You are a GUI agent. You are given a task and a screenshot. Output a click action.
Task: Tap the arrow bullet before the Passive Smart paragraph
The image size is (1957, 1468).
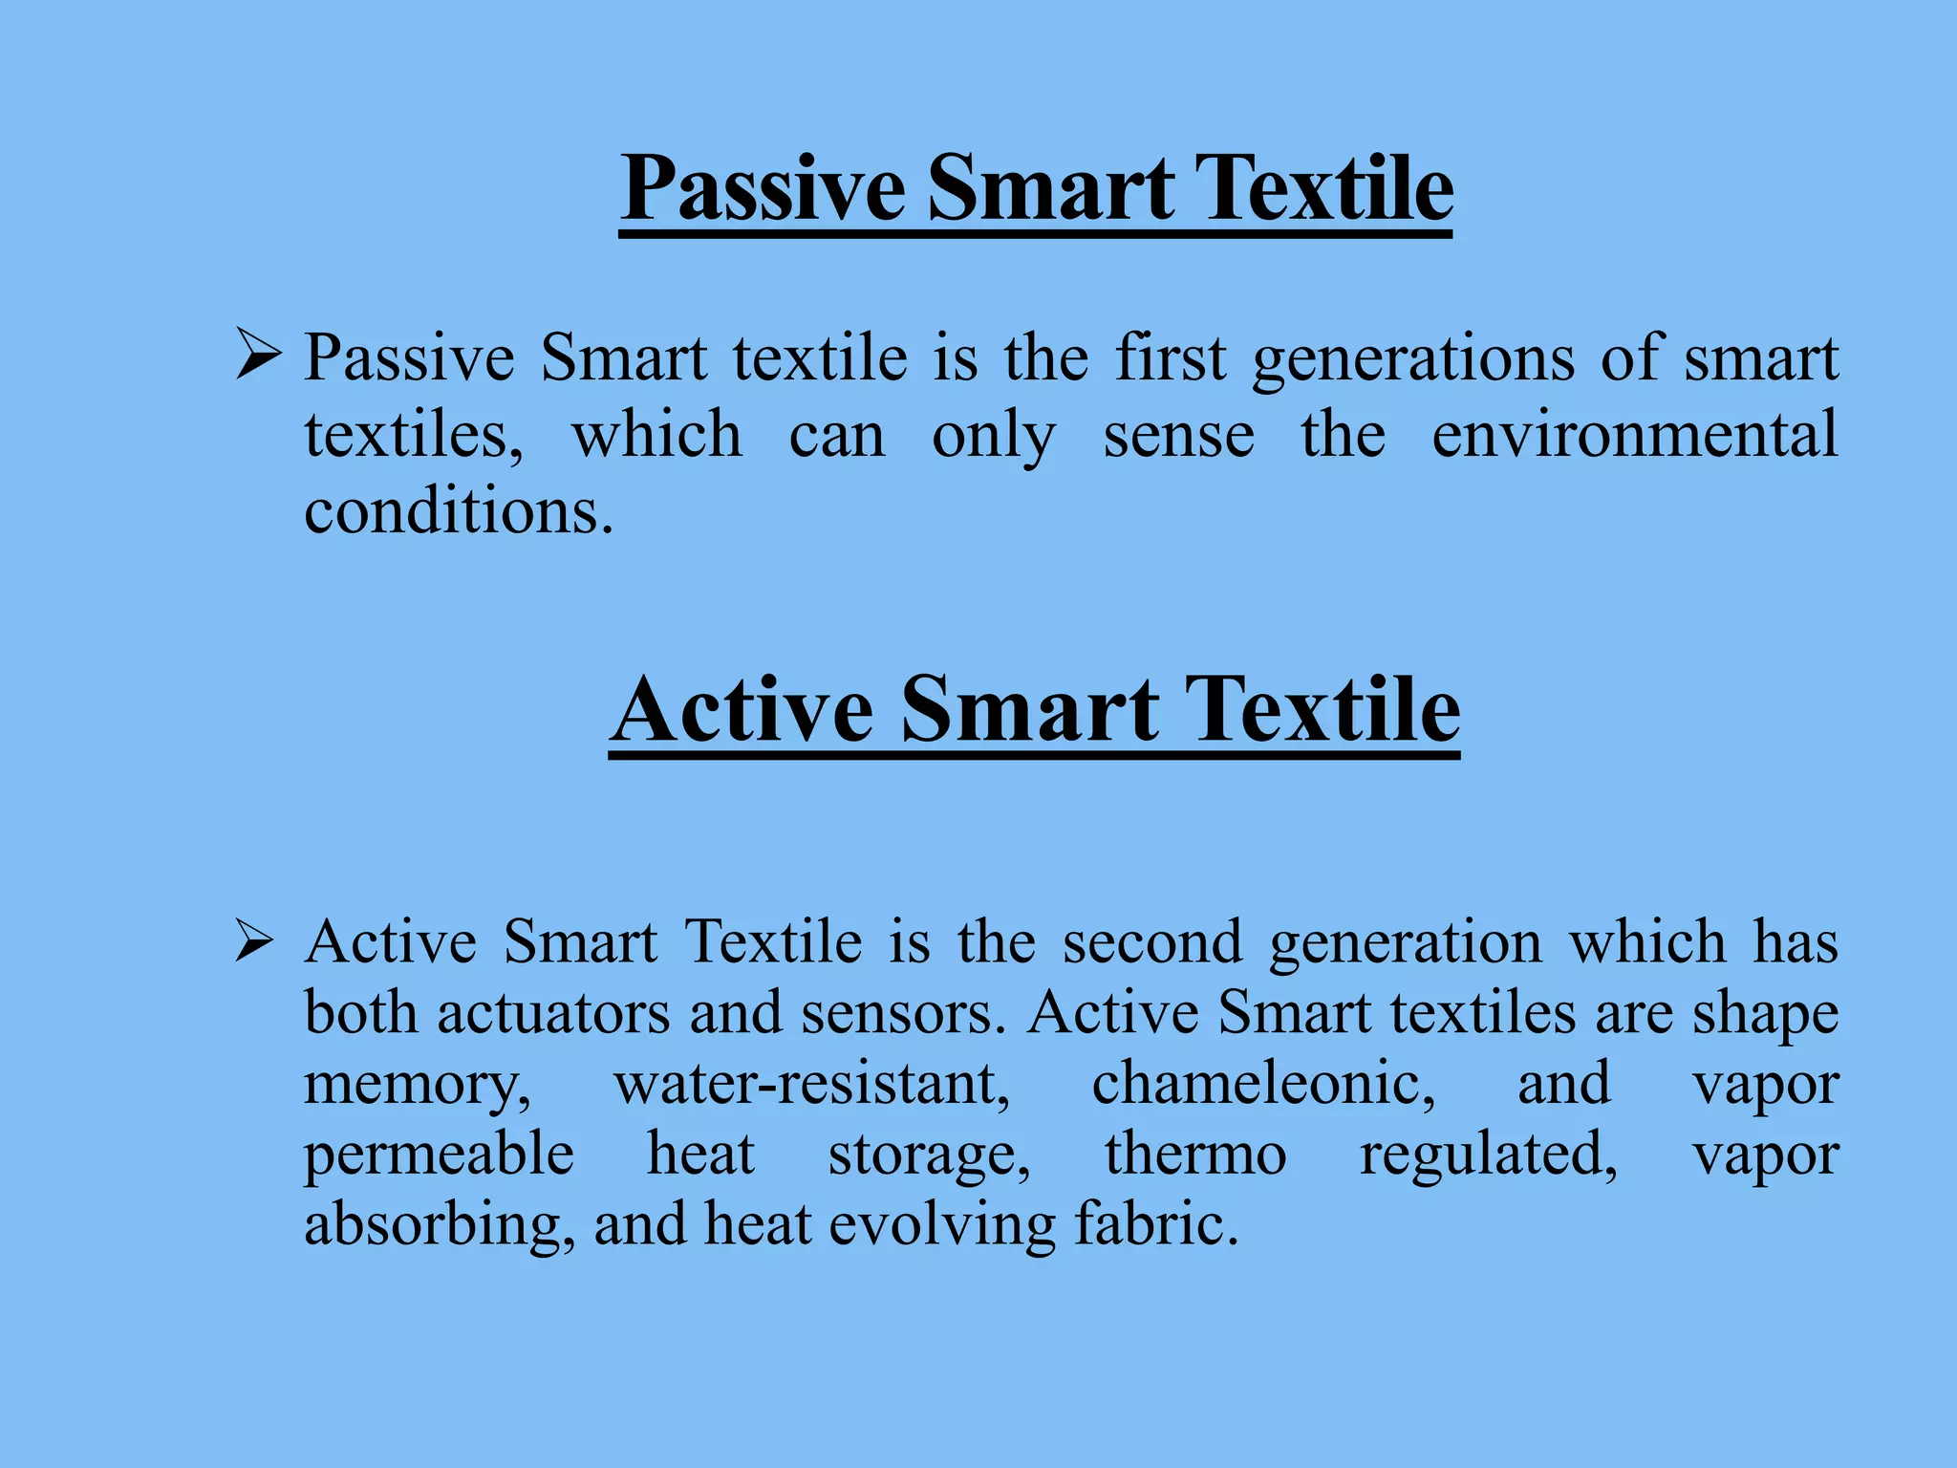258,355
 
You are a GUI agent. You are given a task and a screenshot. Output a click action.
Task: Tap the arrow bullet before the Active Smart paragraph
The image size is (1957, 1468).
255,941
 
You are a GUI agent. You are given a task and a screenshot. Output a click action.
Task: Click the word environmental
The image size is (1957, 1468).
1634,435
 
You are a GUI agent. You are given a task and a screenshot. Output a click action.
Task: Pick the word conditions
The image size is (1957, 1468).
458,511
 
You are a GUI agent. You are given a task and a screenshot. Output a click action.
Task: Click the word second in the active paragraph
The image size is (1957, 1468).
1152,942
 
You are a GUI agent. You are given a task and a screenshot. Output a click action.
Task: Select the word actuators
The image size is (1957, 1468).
553,1013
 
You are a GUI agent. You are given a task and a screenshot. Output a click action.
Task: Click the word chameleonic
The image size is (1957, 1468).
1262,1084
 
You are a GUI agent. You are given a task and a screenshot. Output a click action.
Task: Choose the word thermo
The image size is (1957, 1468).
1195,1155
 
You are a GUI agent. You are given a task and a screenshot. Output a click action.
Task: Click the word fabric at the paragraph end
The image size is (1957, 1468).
1155,1224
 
